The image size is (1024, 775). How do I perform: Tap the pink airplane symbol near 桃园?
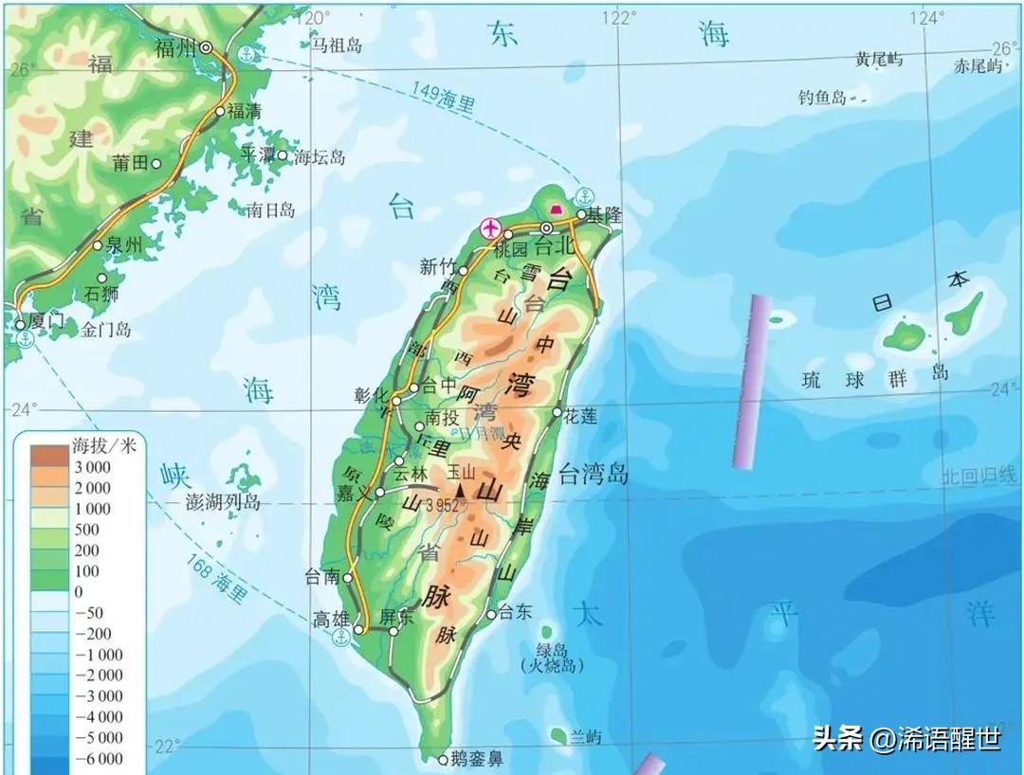(490, 227)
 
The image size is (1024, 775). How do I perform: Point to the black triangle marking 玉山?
(462, 491)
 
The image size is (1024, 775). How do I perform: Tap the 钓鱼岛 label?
(821, 97)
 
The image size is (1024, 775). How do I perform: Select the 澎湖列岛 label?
(224, 502)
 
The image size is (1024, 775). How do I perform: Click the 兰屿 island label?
(586, 736)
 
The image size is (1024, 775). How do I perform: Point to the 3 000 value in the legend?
(92, 467)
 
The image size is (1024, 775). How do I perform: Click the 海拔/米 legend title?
(104, 445)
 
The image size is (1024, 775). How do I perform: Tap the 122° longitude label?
(620, 16)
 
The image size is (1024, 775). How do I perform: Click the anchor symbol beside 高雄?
(342, 640)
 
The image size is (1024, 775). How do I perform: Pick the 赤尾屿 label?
(978, 65)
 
